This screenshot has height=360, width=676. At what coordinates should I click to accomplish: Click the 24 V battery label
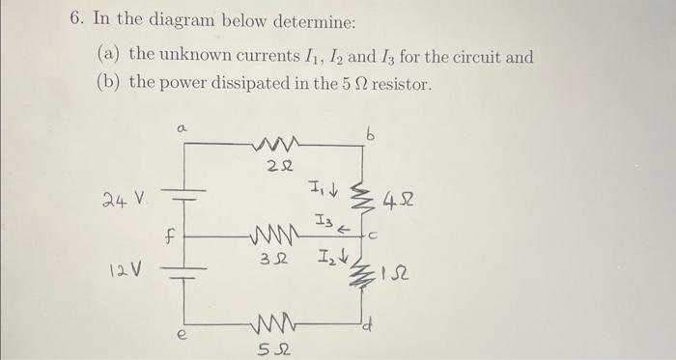pos(123,200)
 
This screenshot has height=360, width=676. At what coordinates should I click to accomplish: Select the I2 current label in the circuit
pos(326,257)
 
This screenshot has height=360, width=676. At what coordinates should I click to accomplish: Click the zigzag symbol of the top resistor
pos(277,145)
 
